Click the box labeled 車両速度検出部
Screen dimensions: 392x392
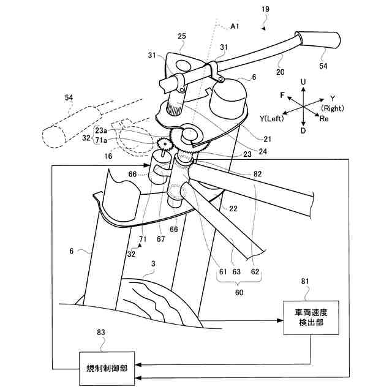point(311,318)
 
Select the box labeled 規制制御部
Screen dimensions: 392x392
point(108,369)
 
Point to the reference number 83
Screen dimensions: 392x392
point(101,333)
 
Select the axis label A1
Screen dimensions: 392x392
point(235,26)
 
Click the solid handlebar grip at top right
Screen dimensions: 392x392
point(318,40)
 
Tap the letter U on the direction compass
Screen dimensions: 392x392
point(303,81)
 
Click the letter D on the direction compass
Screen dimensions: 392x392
point(303,131)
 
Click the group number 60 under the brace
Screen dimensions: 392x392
point(239,292)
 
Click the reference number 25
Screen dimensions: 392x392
point(182,37)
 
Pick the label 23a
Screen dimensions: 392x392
point(101,130)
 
